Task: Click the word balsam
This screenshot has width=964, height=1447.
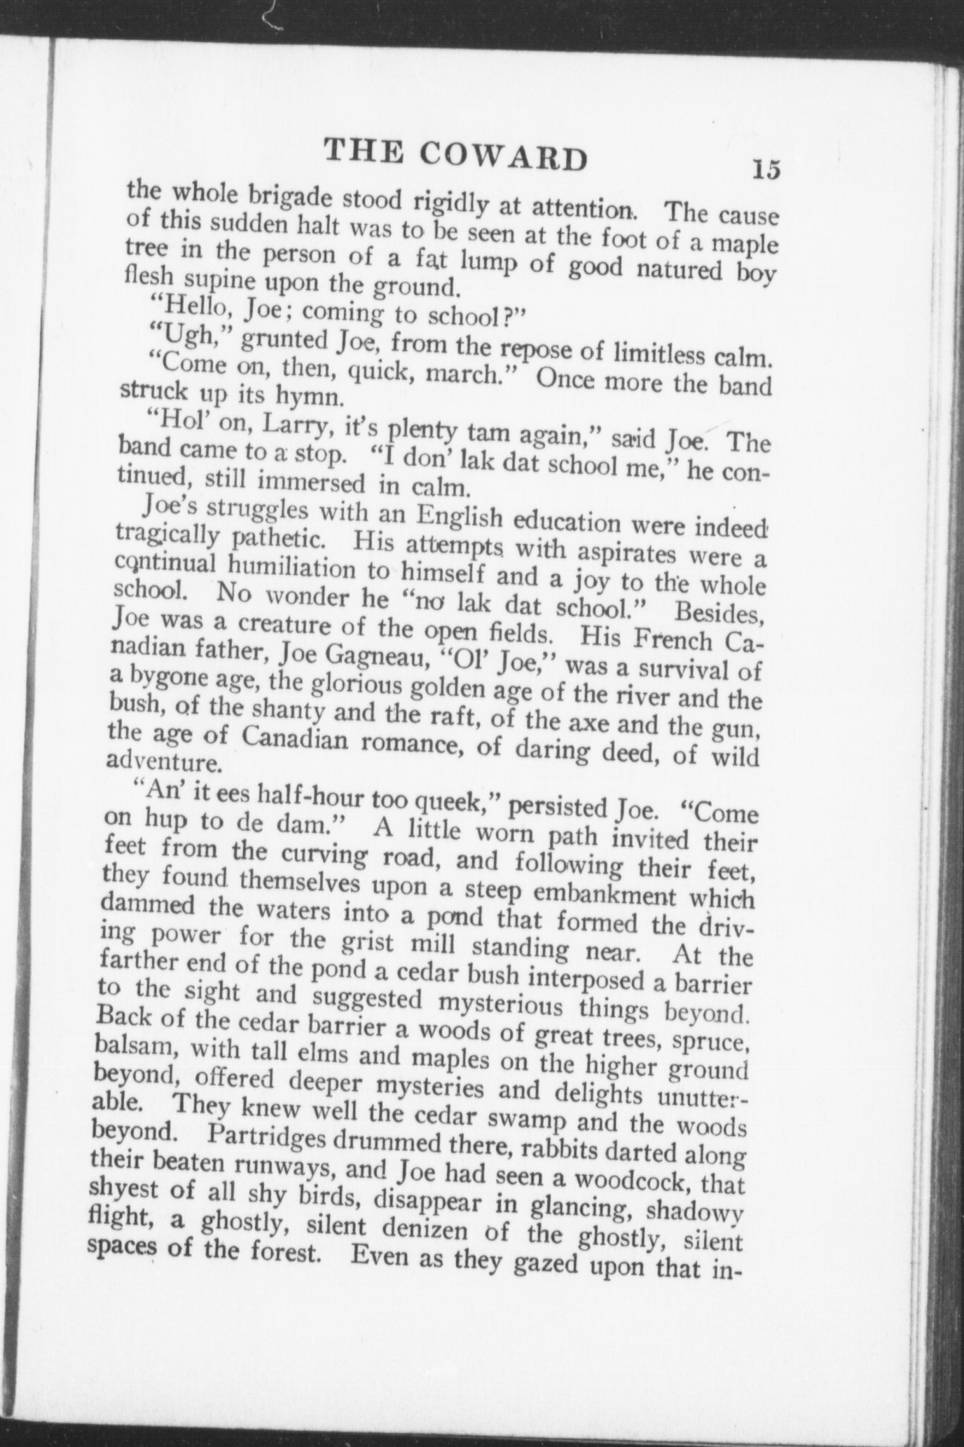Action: click(134, 1049)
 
